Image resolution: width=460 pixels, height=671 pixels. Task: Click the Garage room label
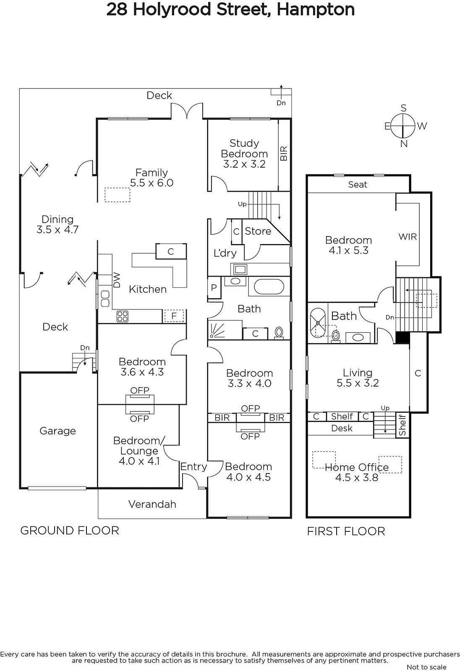tap(57, 431)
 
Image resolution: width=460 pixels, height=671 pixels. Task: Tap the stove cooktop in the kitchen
tap(123, 316)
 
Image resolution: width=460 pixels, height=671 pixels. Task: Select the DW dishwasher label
tap(117, 280)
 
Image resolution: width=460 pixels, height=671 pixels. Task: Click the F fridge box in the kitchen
tap(174, 316)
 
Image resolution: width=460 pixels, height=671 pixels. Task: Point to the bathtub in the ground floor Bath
tap(269, 287)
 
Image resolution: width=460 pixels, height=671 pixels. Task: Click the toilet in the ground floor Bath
tap(279, 333)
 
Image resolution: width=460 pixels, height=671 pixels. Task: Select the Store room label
tap(258, 231)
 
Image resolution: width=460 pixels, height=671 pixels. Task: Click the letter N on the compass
tap(404, 144)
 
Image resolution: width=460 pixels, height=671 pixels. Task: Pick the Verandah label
tap(152, 504)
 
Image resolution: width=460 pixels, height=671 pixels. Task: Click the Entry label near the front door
tap(193, 467)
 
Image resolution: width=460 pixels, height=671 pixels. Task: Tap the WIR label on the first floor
tap(408, 237)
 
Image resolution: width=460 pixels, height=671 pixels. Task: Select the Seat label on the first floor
tap(358, 184)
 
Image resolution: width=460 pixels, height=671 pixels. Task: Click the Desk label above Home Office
tap(342, 428)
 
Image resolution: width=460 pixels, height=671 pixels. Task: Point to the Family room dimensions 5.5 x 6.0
tap(152, 183)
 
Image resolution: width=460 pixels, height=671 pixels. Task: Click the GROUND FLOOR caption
tap(70, 531)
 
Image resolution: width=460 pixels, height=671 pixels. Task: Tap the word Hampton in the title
tap(316, 9)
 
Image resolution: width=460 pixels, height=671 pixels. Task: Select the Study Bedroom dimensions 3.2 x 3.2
tap(244, 164)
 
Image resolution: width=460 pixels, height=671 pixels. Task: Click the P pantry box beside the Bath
tap(214, 288)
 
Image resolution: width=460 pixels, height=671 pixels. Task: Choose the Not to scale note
tap(427, 667)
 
